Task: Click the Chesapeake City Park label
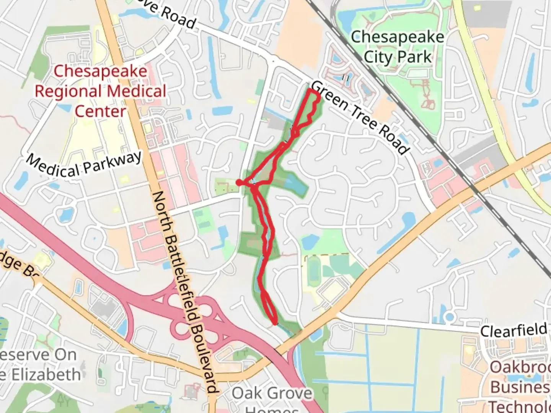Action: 397,47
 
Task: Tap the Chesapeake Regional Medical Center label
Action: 101,91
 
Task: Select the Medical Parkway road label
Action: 84,165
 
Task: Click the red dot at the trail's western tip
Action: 239,183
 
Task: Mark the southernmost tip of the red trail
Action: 275,324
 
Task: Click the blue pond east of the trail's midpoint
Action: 295,185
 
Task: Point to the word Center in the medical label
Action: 100,111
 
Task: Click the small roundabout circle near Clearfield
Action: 450,317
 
